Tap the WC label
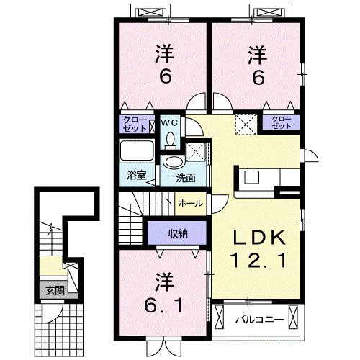click(x=168, y=123)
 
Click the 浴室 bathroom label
click(x=137, y=174)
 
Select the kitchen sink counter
click(x=263, y=177)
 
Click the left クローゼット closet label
click(x=135, y=122)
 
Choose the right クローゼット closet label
click(x=282, y=122)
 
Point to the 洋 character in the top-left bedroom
click(x=164, y=53)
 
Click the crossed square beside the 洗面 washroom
click(x=195, y=152)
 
